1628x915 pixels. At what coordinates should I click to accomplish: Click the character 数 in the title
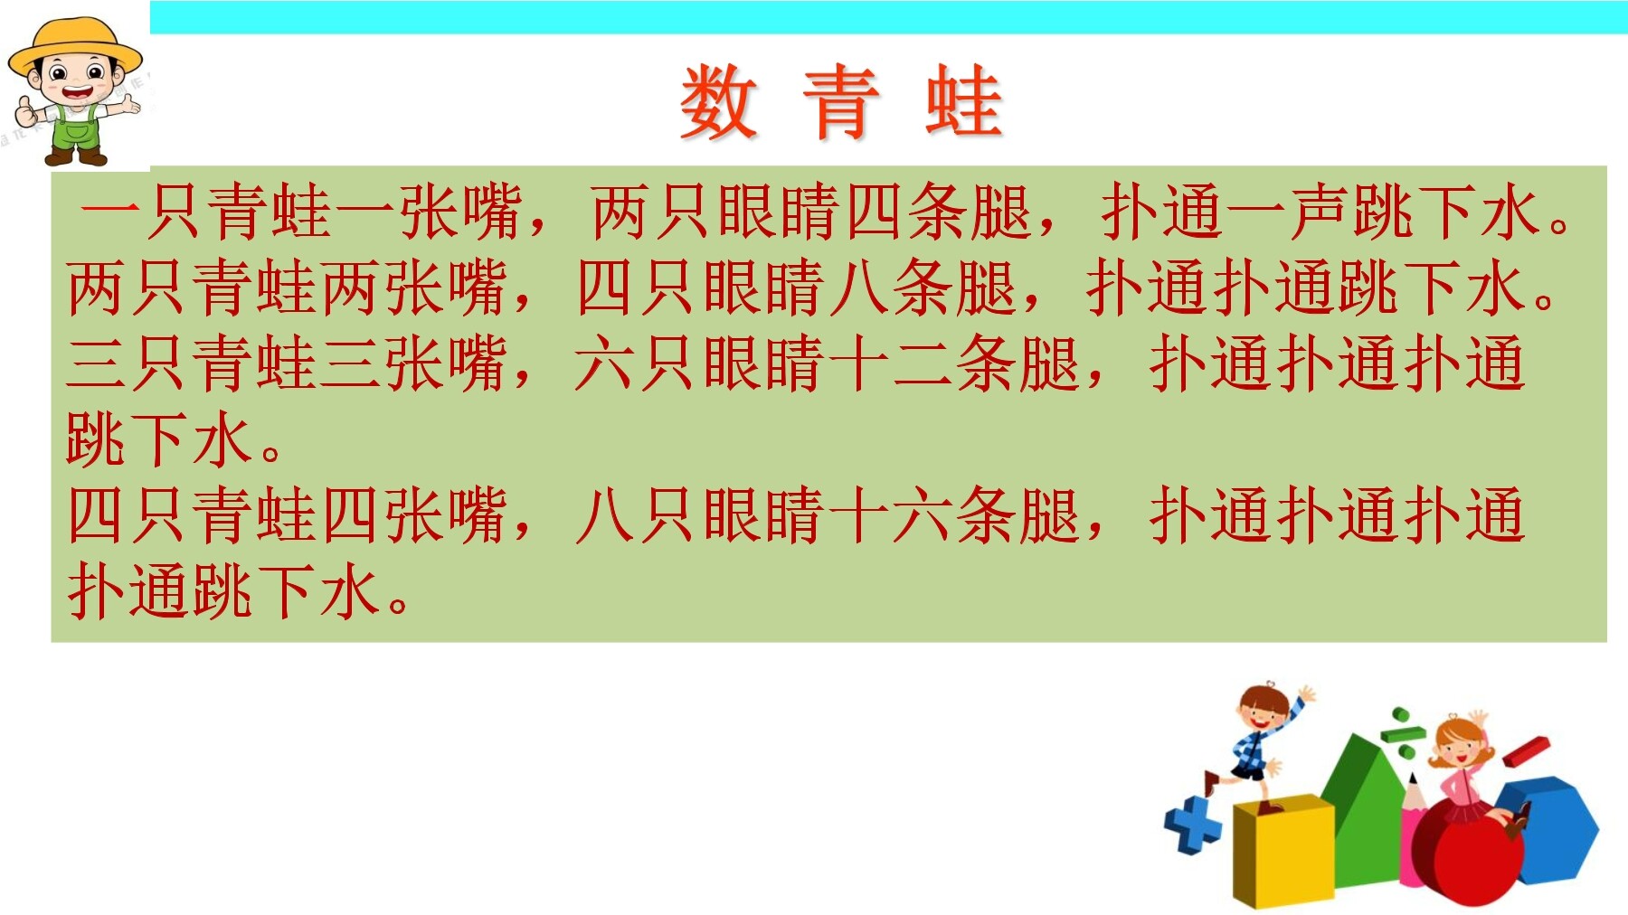tap(718, 103)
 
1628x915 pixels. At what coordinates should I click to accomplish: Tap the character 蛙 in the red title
tap(964, 103)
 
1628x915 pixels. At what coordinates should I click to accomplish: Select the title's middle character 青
tap(841, 103)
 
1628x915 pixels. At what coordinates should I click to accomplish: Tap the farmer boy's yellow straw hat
tap(75, 47)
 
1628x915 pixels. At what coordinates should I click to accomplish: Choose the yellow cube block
tap(1283, 850)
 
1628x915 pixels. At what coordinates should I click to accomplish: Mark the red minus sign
tap(1527, 751)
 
